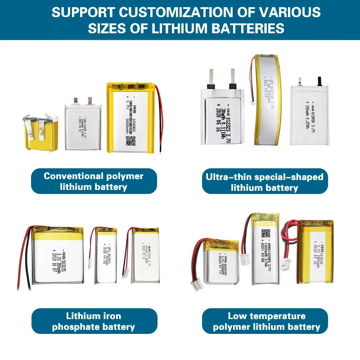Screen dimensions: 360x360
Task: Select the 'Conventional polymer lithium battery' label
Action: click(x=94, y=181)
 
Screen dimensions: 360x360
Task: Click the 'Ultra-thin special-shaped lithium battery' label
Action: click(x=265, y=182)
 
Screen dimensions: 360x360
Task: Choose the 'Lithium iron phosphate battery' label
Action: click(x=94, y=321)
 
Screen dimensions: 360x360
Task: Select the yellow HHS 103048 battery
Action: click(x=315, y=256)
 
